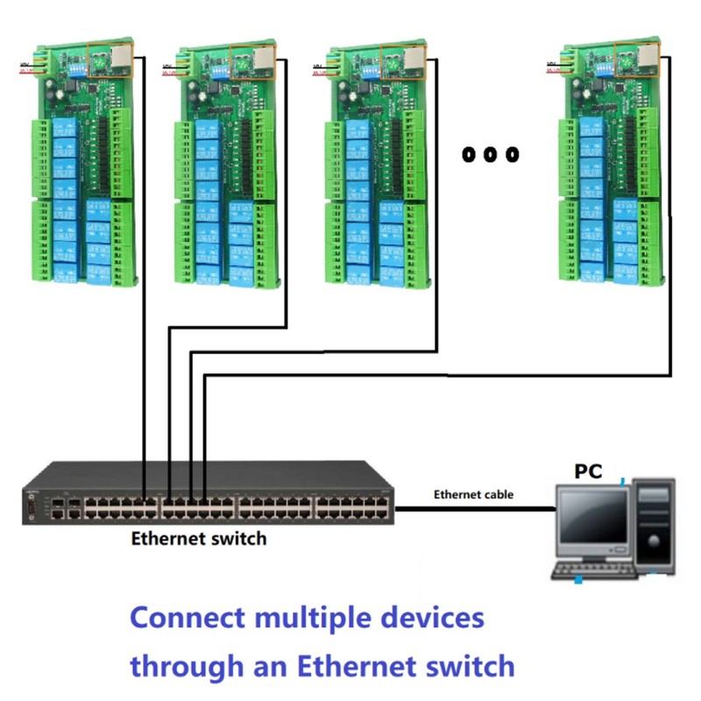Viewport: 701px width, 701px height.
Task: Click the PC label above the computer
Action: (588, 471)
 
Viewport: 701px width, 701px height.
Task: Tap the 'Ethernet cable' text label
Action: (473, 494)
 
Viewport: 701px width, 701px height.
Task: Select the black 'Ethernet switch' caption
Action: (198, 537)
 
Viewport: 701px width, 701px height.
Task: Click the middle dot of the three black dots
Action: (490, 155)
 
